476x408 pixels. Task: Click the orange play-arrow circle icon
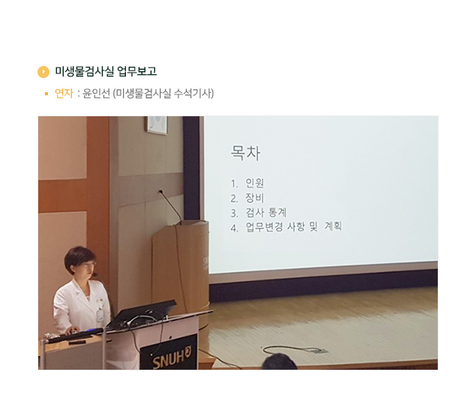tap(43, 72)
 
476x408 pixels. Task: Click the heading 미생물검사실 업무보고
tap(106, 71)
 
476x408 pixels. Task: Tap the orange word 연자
tap(64, 93)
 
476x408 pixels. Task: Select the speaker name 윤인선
tap(96, 93)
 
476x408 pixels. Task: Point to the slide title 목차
tap(245, 152)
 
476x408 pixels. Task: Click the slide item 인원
tap(255, 183)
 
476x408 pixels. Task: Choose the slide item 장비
tap(255, 198)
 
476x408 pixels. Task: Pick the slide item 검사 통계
tap(266, 212)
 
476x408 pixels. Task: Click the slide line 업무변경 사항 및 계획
tap(294, 226)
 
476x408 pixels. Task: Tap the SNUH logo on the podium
tap(172, 358)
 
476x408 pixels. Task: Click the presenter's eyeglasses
tap(87, 265)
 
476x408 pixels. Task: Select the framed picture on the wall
tap(157, 124)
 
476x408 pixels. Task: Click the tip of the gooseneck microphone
tap(160, 191)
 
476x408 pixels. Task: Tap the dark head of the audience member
tap(280, 361)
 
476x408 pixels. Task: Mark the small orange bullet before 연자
tap(46, 94)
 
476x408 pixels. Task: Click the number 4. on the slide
tap(234, 228)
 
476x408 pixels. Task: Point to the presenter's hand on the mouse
tap(73, 330)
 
